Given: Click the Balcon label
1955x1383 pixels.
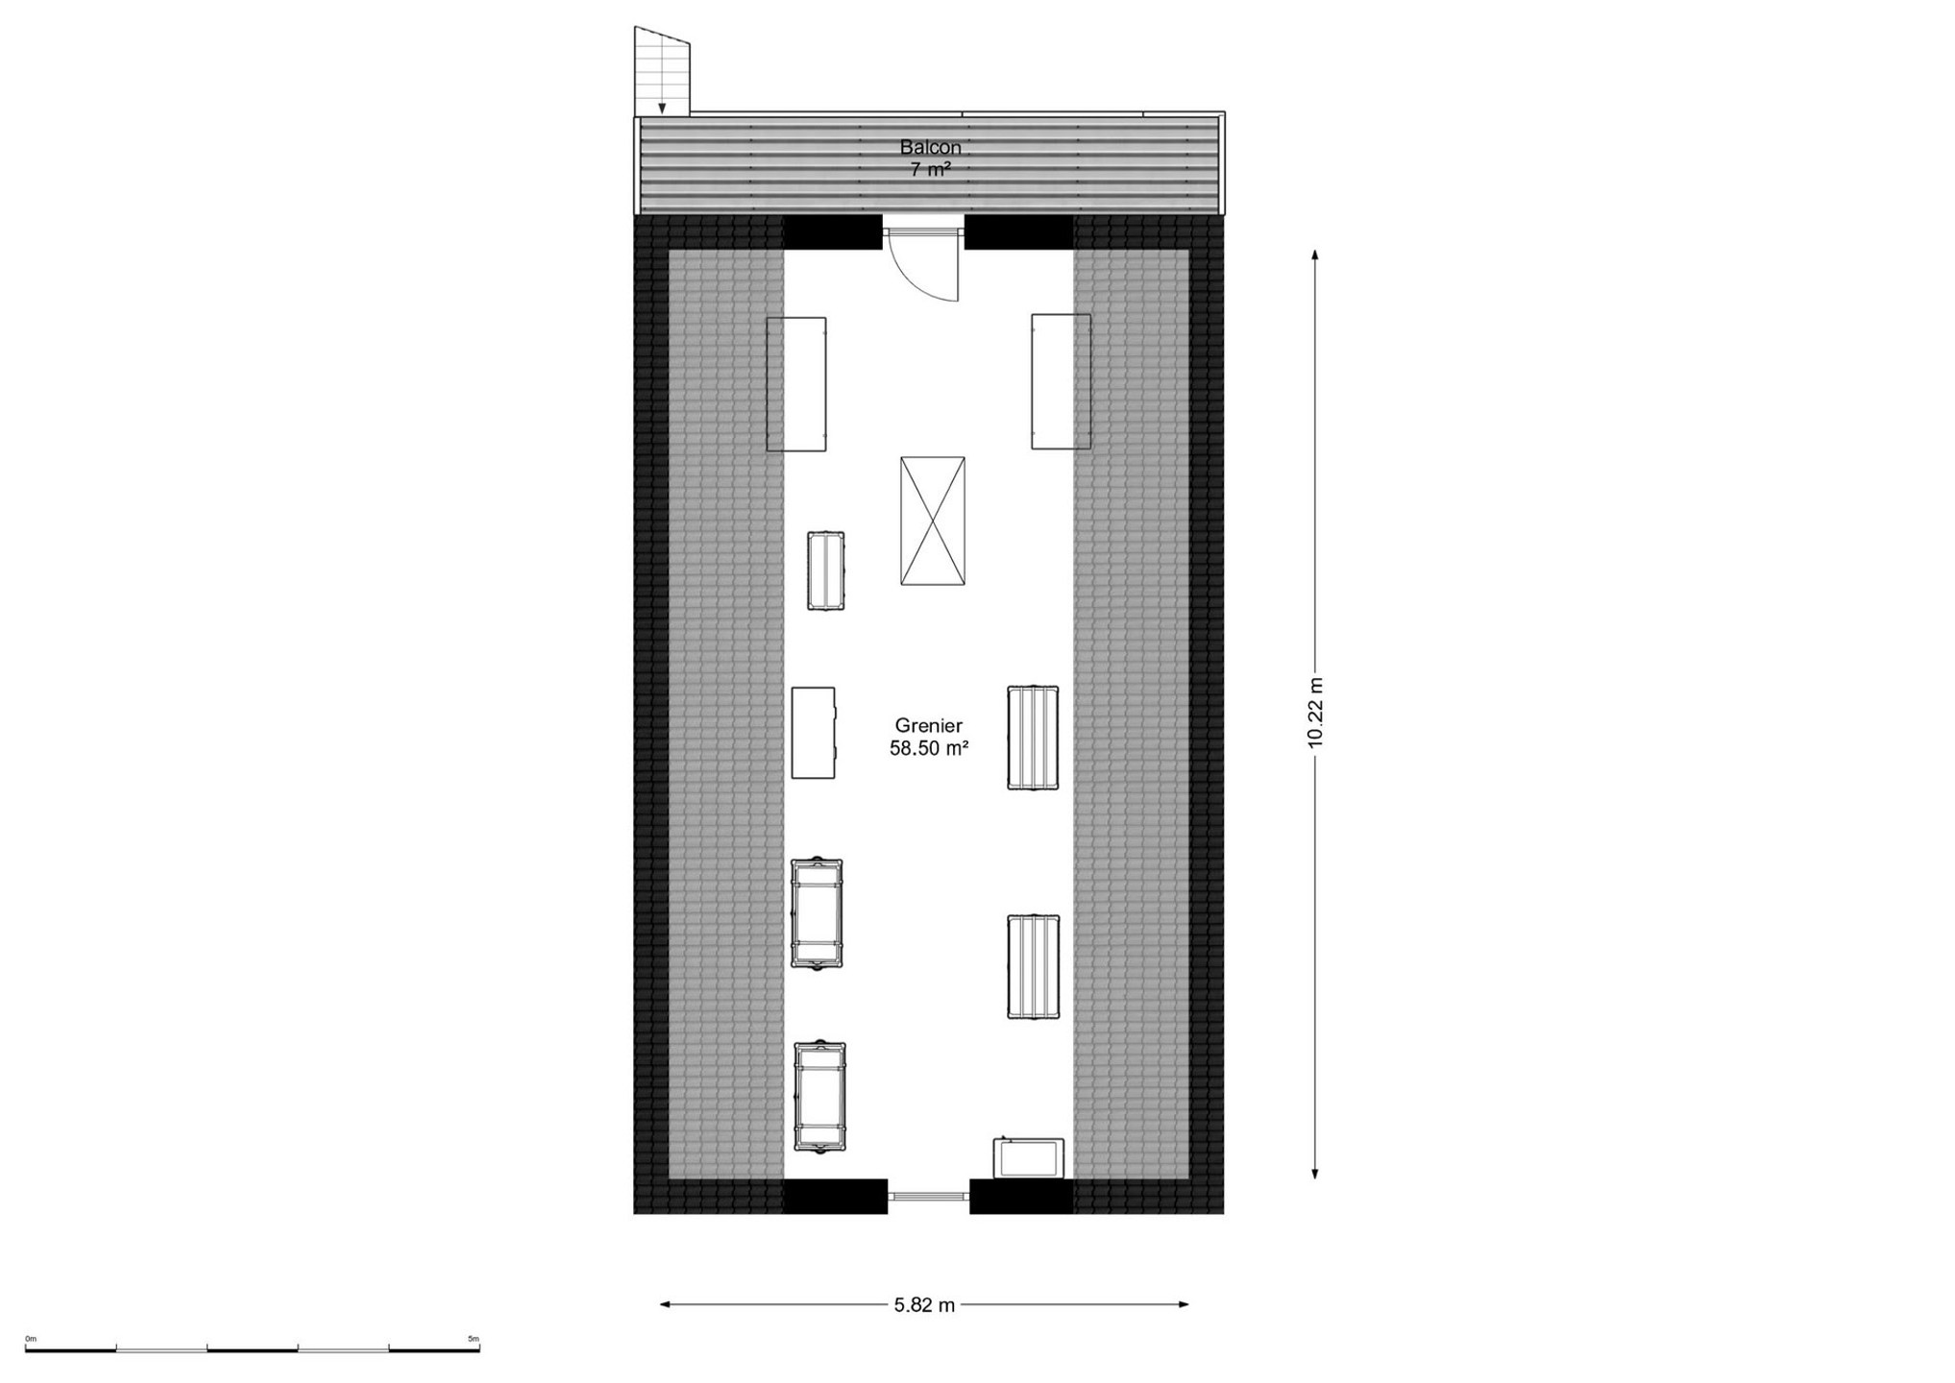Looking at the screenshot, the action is coord(930,147).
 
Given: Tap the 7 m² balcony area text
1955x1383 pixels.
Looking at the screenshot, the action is coord(930,169).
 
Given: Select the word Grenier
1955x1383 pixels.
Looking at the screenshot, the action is coord(928,725).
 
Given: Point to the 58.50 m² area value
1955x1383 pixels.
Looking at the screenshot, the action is coord(928,748).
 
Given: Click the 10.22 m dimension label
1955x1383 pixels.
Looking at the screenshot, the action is coord(1315,712).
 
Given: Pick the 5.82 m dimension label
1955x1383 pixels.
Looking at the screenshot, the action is coord(924,1304).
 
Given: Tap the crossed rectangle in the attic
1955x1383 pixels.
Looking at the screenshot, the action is coord(932,521).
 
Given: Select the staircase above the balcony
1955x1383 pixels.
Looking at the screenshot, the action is coord(662,71).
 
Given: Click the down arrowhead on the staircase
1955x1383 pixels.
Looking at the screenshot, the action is coord(662,109).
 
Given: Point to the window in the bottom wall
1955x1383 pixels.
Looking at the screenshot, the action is coord(928,1196).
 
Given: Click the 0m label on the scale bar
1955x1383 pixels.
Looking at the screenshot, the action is coord(31,1338).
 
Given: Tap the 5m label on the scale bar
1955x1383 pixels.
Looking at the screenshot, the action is coord(473,1338).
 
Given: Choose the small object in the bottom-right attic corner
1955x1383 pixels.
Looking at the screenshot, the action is coord(1028,1157).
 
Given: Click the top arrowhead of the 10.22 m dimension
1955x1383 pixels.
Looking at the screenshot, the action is coord(1315,254).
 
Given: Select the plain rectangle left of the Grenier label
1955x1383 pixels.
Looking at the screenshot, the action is coord(813,732).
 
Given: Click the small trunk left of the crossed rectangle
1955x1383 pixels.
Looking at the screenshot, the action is coord(825,570).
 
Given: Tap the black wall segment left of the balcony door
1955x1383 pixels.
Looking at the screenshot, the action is coord(832,231).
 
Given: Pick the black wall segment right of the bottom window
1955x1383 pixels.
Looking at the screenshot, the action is coord(1020,1196).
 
